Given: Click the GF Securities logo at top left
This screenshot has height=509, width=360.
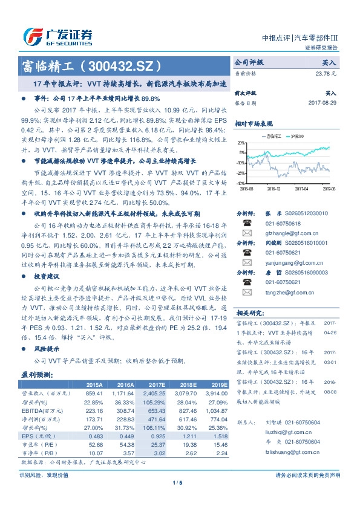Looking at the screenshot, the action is [57, 36].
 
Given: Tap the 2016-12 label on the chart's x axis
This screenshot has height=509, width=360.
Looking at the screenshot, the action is [273, 189].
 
